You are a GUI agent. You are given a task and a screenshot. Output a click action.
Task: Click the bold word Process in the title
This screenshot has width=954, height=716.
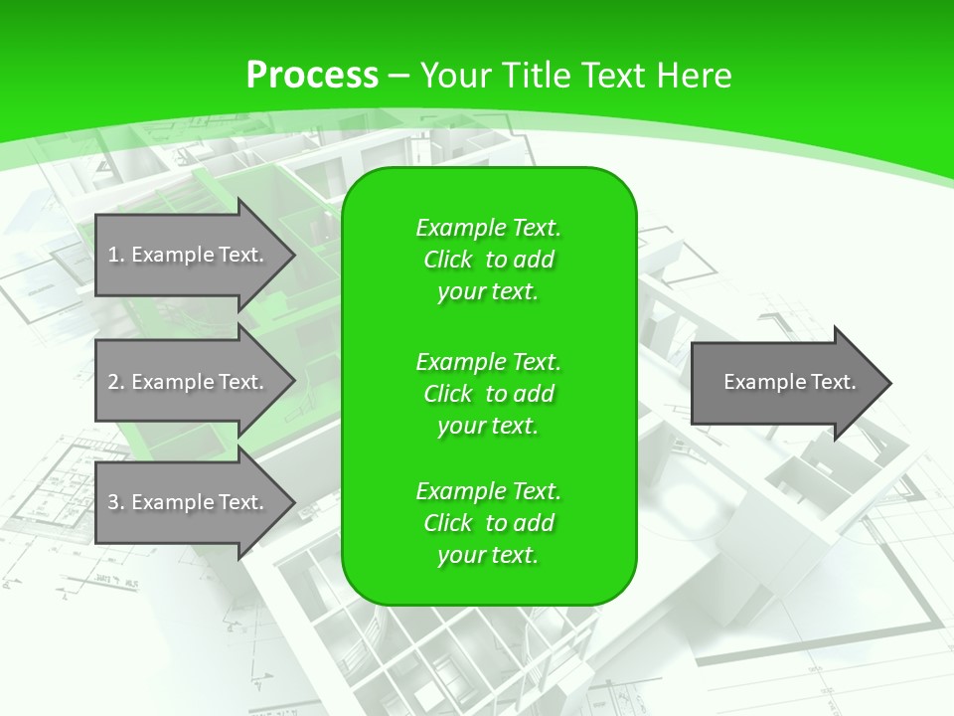click(x=312, y=76)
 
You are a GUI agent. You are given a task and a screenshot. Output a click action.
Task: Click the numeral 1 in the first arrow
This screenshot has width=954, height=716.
click(x=113, y=255)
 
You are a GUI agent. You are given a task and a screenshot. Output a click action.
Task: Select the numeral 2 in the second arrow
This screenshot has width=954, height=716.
click(x=113, y=382)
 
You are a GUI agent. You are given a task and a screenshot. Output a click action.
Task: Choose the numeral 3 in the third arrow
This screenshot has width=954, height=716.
click(x=113, y=502)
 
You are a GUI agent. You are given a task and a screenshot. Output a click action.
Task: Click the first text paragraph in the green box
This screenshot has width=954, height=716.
click(x=488, y=260)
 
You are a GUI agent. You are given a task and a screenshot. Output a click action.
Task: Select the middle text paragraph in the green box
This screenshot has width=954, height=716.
click(x=488, y=394)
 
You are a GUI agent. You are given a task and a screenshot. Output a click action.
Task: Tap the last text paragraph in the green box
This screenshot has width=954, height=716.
click(x=488, y=523)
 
